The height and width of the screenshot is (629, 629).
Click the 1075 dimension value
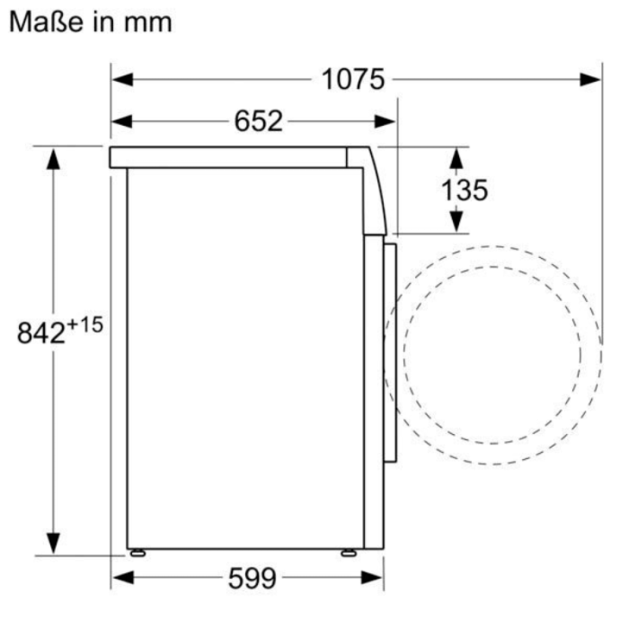(353, 79)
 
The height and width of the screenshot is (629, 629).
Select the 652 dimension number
(259, 120)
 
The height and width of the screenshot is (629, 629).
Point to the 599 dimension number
(250, 579)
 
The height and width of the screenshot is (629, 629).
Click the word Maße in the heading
(45, 21)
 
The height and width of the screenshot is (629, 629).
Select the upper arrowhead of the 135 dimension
(456, 157)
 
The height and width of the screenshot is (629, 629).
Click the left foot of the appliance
(137, 552)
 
